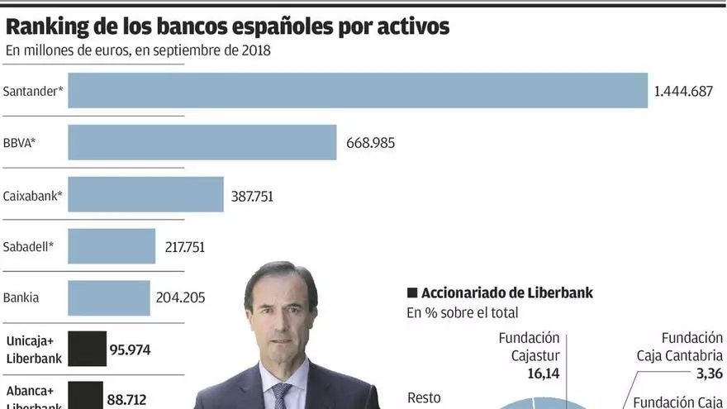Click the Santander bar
pos(357,91)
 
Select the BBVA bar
pos(202,142)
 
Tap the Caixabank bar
pos(145,195)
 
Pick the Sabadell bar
pos(112,246)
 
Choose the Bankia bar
pos(109,297)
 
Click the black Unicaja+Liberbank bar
pos(87,349)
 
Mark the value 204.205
pos(180,298)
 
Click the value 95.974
pos(131,350)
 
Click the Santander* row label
pos(34,91)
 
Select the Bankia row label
pos(21,297)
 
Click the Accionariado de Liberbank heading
pos(506,293)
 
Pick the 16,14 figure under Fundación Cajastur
pos(544,373)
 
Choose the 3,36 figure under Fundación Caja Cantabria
pos(708,373)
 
